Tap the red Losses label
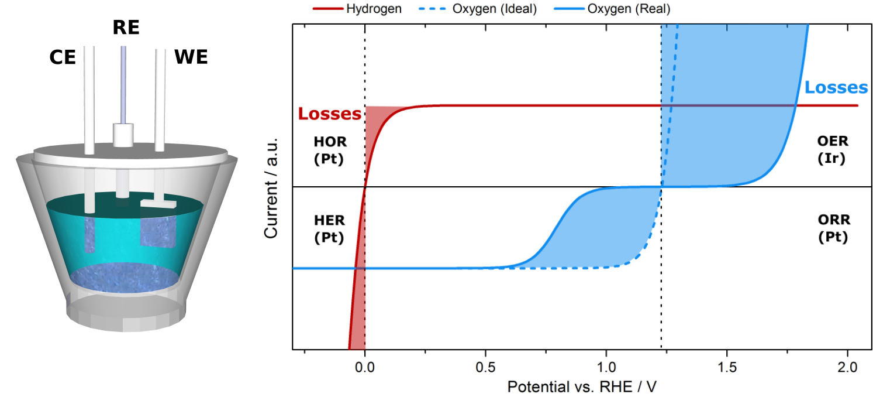[329, 114]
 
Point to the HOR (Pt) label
[330, 150]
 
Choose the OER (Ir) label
[833, 150]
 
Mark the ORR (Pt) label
[833, 229]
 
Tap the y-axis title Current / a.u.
[272, 187]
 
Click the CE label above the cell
[63, 57]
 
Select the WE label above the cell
[191, 57]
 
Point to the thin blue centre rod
[123, 82]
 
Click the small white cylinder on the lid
[123, 135]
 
